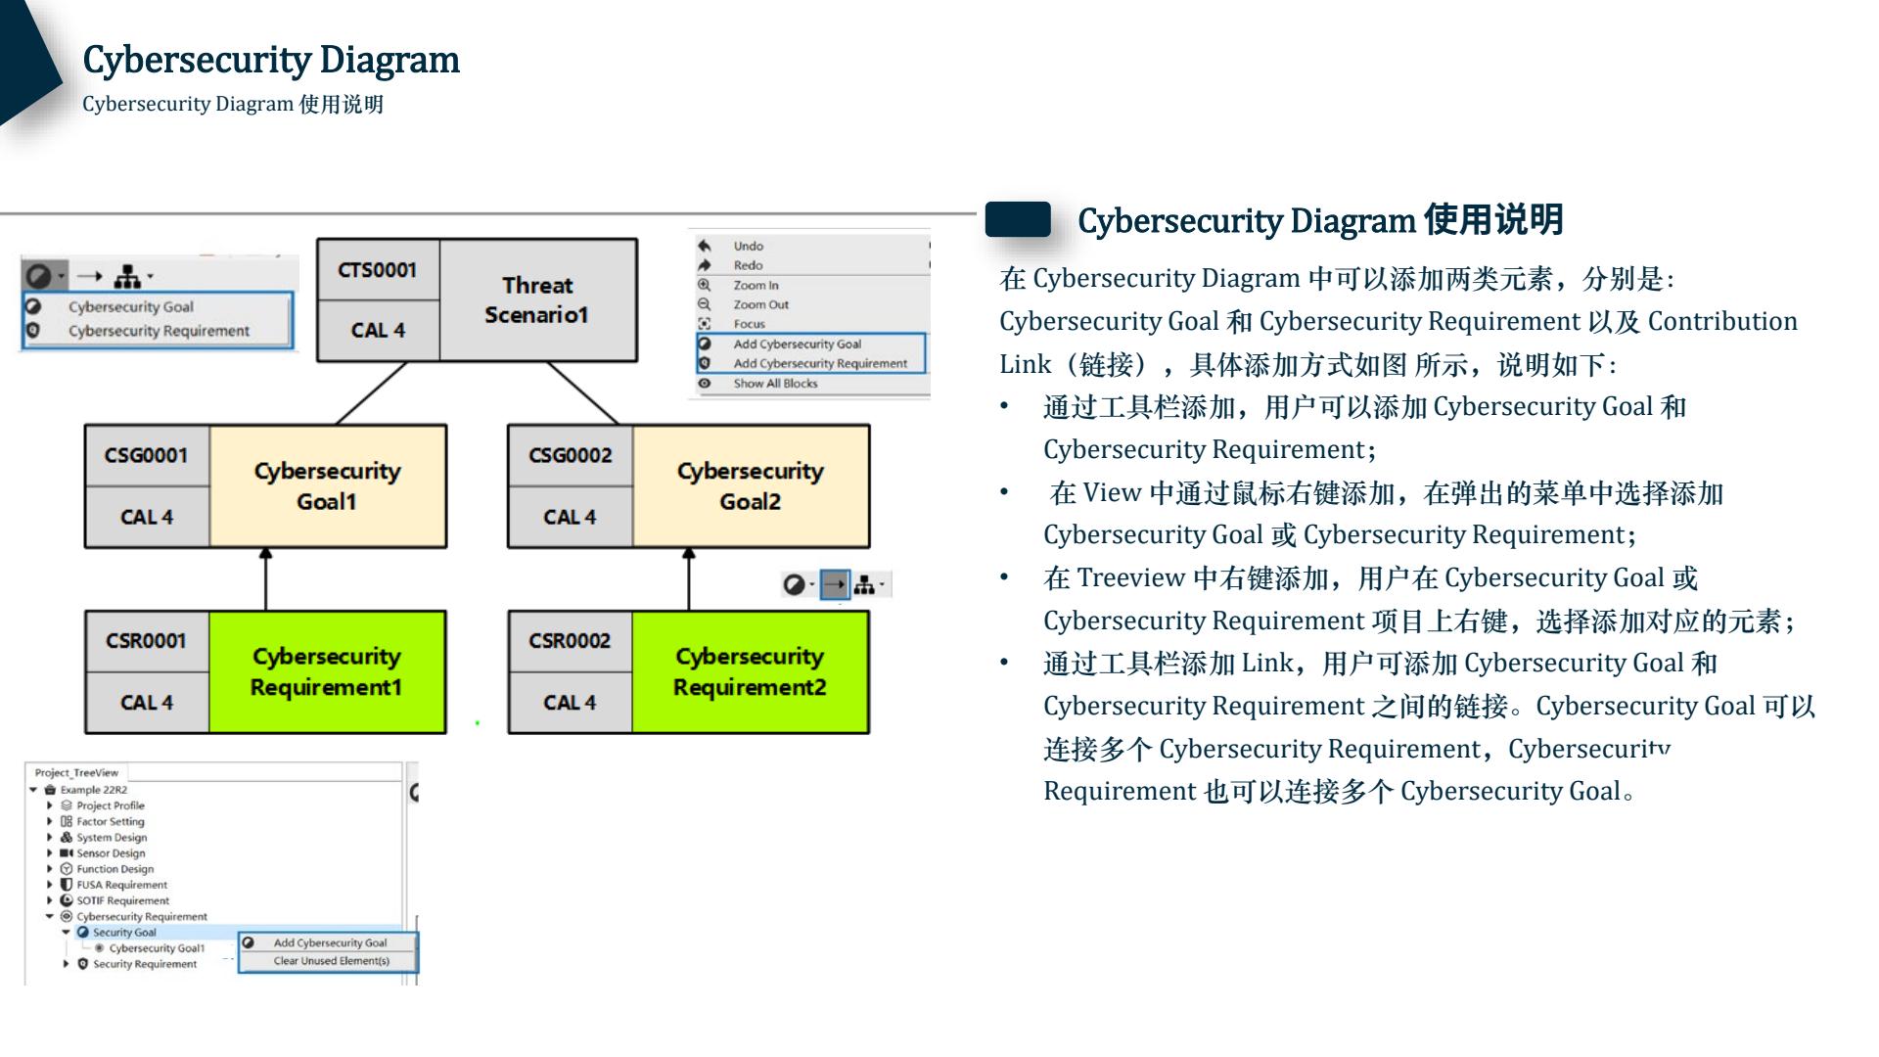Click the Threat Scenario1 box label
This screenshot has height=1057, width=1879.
click(x=537, y=299)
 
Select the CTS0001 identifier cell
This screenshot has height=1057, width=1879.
click(x=378, y=269)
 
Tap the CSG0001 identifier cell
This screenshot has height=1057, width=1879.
click(x=147, y=455)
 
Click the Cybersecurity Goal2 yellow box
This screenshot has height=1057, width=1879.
click(x=750, y=485)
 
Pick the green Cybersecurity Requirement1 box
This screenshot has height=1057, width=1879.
click(x=326, y=671)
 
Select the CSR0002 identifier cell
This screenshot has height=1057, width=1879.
click(x=570, y=641)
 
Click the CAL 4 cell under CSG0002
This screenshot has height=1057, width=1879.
click(x=570, y=517)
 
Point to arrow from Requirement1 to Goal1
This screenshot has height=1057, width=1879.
click(x=265, y=579)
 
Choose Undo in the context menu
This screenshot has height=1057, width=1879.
click(x=749, y=247)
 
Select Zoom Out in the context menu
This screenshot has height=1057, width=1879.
click(x=760, y=304)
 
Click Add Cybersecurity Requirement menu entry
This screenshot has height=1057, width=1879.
click(x=820, y=363)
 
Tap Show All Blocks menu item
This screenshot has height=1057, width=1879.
click(x=775, y=384)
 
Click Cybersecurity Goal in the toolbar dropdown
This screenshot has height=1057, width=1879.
click(x=131, y=306)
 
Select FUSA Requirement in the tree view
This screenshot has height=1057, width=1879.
click(x=121, y=885)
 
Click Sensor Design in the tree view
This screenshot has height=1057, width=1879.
click(x=111, y=853)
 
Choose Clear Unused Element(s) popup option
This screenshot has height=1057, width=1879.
click(x=331, y=961)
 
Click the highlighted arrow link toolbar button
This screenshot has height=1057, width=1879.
click(x=834, y=585)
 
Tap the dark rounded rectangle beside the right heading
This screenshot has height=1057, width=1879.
click(x=1018, y=219)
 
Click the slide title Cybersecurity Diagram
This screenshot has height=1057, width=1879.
click(x=271, y=60)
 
